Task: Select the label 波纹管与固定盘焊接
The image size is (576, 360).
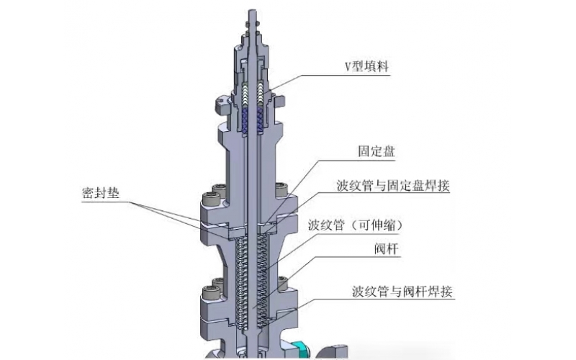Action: click(x=392, y=186)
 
